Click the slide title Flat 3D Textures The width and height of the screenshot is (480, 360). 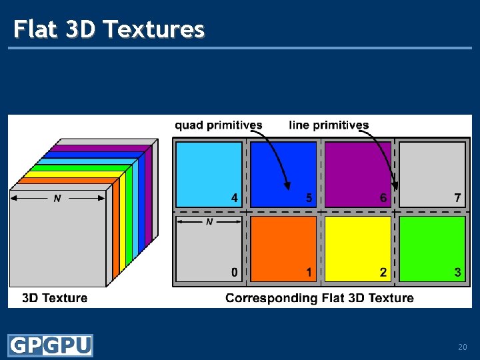[109, 29]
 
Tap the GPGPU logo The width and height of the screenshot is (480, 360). [50, 345]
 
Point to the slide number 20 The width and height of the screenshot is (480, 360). [462, 347]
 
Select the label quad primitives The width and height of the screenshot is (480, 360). [218, 125]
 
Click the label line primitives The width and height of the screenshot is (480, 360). [329, 125]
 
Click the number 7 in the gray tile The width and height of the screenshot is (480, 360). [457, 197]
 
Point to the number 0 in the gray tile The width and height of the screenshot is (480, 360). [234, 272]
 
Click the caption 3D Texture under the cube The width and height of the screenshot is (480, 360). [55, 298]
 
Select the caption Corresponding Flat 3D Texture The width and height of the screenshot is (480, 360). [319, 298]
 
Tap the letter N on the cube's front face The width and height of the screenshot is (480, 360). [57, 199]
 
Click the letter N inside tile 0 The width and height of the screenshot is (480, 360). [209, 221]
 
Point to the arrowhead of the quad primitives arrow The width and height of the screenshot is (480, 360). [288, 187]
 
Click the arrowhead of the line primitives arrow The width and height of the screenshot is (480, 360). [395, 187]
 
